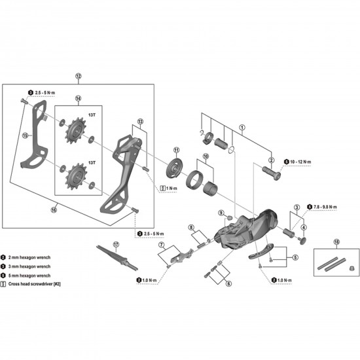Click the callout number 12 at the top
(79, 77)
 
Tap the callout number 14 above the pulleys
(78, 99)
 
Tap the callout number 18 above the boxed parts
(336, 242)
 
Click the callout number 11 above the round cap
(177, 151)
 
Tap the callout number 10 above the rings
(206, 157)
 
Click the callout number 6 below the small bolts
(228, 284)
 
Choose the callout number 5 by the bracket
(295, 258)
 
